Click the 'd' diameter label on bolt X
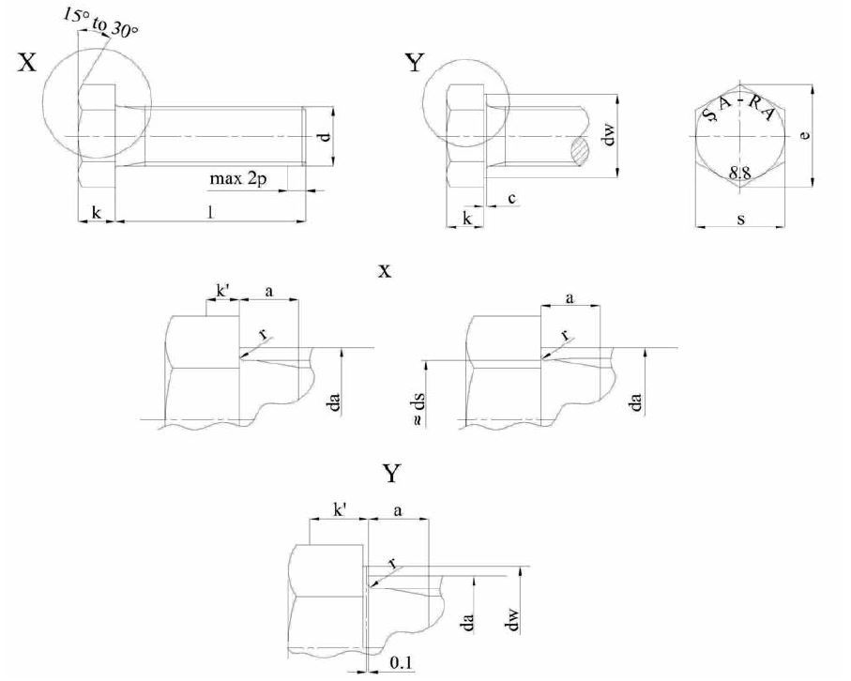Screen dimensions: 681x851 (x=323, y=138)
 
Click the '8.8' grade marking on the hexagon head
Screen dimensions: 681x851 (x=740, y=173)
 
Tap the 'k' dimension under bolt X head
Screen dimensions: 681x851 (x=97, y=213)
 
